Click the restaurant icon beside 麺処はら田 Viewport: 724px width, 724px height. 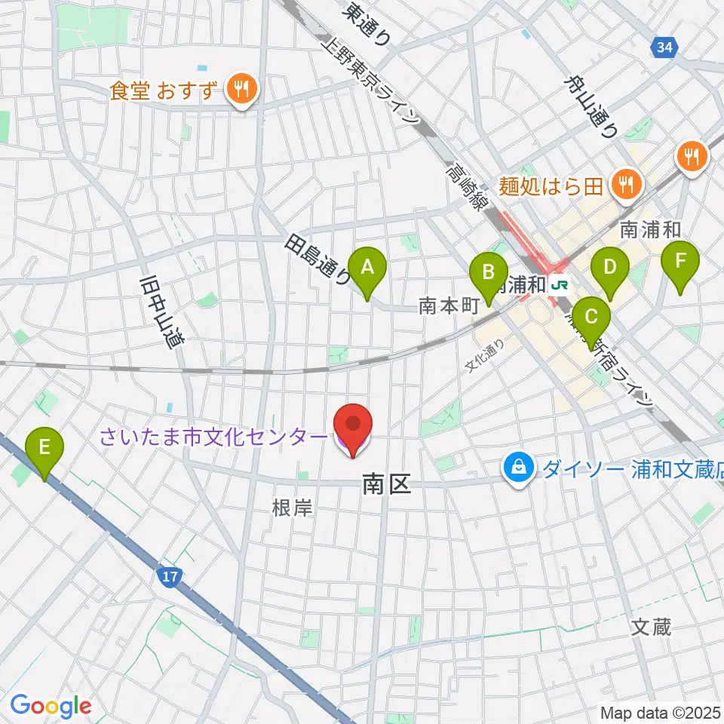624,181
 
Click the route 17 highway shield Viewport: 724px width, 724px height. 168,577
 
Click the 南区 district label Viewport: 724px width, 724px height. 386,485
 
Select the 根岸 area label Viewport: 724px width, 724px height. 292,508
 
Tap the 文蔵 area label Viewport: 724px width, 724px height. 651,627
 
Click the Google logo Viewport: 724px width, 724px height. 51,705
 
